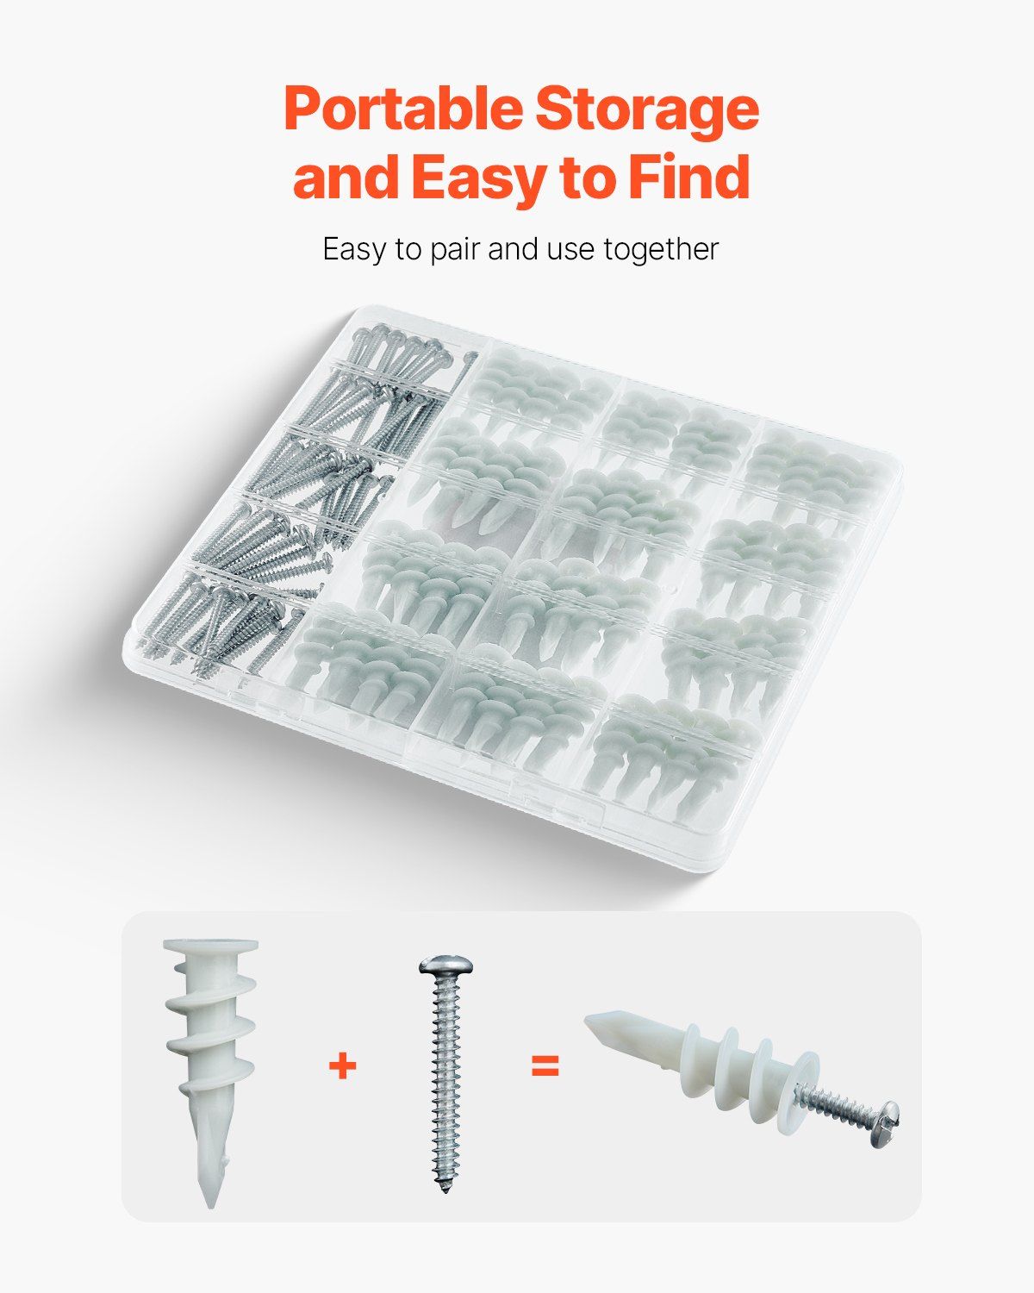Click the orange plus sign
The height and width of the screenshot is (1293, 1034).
click(x=342, y=1066)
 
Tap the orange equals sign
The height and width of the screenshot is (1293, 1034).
click(x=545, y=1066)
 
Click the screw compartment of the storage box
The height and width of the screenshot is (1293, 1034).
click(x=295, y=499)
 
